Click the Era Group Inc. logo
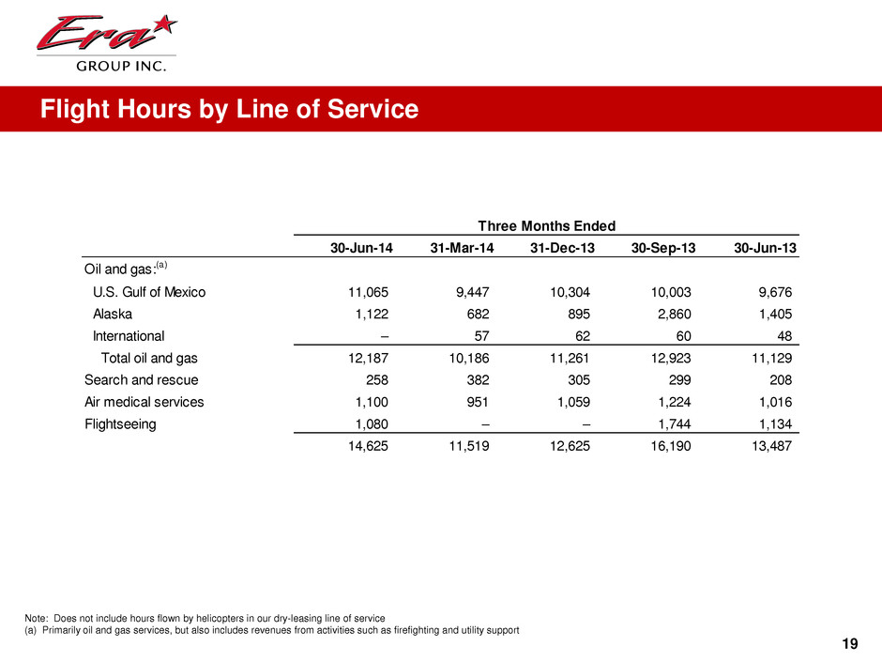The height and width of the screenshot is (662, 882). tap(104, 41)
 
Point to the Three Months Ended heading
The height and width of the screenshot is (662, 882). tap(547, 225)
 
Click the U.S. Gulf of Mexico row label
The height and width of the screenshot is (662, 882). tap(149, 291)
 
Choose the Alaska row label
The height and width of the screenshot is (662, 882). tap(114, 314)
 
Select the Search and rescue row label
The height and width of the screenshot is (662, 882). tap(141, 380)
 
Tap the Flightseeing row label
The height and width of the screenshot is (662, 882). tap(120, 424)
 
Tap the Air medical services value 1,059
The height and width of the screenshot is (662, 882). tap(570, 402)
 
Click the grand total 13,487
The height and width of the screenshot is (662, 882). tap(768, 448)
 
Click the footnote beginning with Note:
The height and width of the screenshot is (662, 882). tap(204, 618)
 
